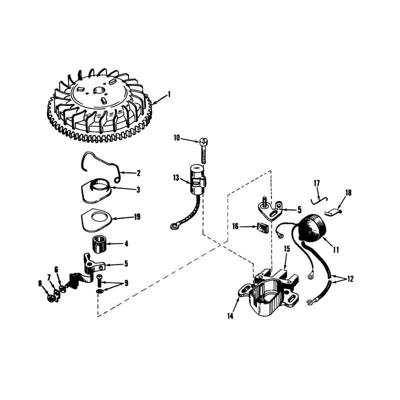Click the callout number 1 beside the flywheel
[x=168, y=94]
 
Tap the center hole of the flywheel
[x=98, y=90]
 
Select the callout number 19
[x=137, y=217]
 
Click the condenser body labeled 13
[x=197, y=179]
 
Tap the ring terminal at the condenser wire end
[x=174, y=225]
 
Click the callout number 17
[x=317, y=183]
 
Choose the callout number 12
[x=350, y=279]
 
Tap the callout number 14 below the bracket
[x=230, y=316]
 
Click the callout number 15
[x=287, y=248]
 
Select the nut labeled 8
[x=51, y=298]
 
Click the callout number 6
[x=56, y=269]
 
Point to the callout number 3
[x=138, y=190]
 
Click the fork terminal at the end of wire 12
[x=310, y=302]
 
